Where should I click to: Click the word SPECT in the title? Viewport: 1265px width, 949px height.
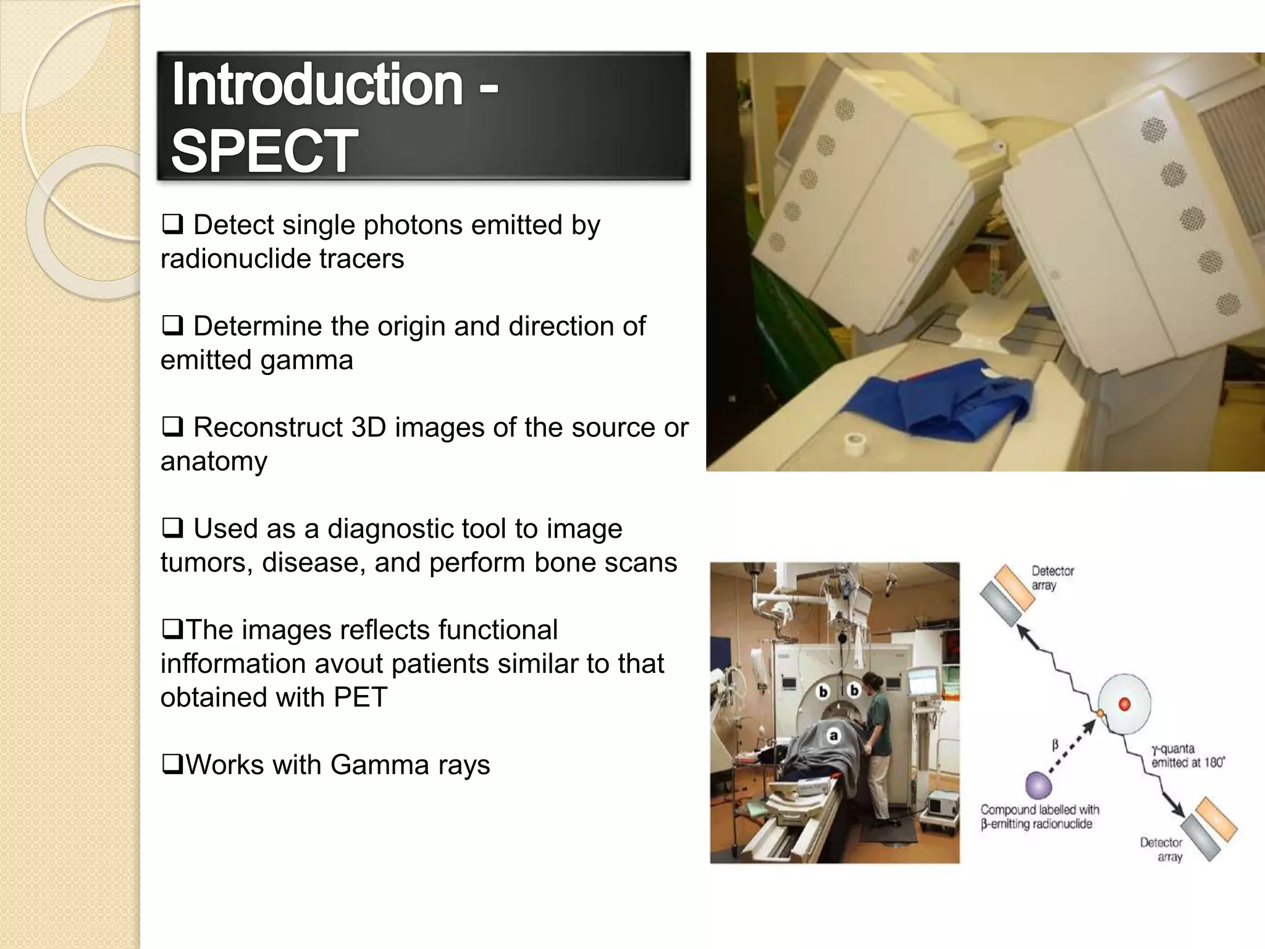click(x=264, y=151)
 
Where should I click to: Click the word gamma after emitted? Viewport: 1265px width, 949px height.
click(x=306, y=360)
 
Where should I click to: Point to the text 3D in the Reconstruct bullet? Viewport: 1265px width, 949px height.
click(x=368, y=428)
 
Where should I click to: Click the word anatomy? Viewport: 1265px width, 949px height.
click(x=214, y=462)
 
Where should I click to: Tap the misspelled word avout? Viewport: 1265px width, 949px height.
click(x=350, y=664)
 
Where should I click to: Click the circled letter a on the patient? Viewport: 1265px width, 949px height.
click(x=833, y=736)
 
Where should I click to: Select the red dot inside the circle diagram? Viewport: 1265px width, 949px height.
click(x=1124, y=704)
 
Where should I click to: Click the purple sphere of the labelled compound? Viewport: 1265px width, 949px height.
click(x=1038, y=785)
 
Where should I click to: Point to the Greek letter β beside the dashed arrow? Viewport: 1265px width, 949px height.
click(x=1055, y=746)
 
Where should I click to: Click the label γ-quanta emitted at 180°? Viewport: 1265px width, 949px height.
click(x=1187, y=756)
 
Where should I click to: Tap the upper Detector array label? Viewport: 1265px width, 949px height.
click(x=1052, y=578)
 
